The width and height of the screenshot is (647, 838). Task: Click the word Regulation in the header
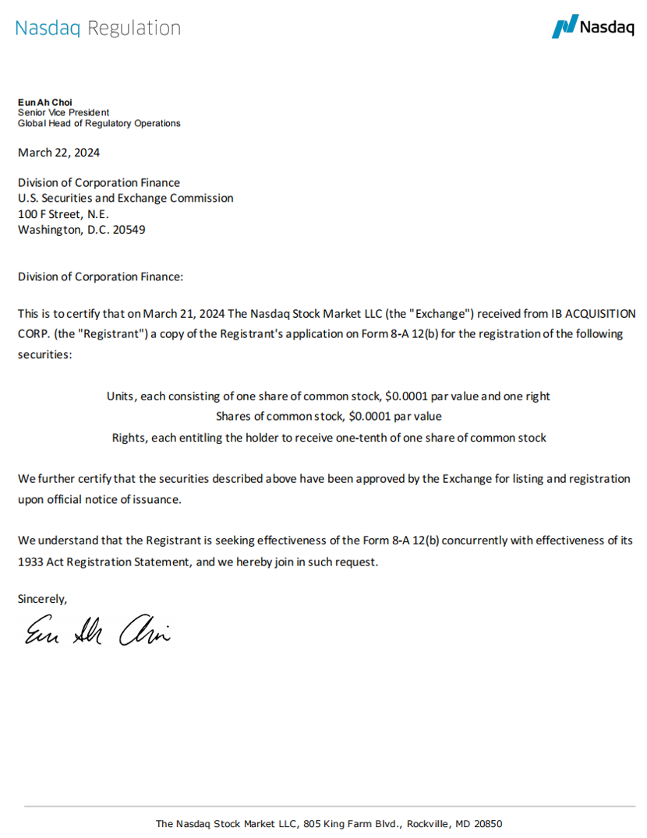coord(134,28)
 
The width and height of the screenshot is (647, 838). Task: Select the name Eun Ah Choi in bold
coord(44,102)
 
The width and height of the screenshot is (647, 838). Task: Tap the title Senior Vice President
coord(63,112)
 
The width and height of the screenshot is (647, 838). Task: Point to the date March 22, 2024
coord(58,153)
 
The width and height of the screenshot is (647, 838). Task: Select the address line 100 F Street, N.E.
coord(63,214)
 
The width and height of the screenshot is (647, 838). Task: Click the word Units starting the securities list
coord(122,396)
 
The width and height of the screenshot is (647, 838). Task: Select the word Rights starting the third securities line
coord(129,437)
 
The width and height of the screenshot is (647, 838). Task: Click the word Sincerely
coord(43,599)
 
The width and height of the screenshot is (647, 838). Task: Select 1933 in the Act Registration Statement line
coord(31,561)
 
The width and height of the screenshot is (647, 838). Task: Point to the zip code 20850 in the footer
coord(488,823)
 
